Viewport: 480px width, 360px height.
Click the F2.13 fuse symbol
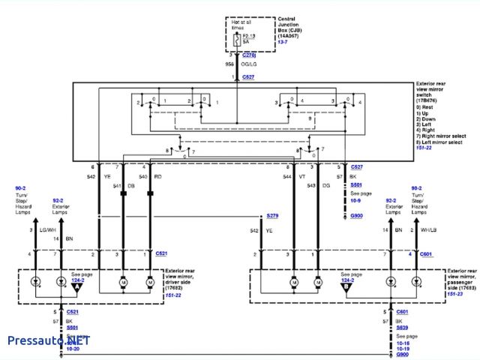tap(238, 38)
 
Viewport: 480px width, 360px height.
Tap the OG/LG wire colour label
tap(249, 66)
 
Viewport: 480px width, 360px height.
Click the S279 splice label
tap(273, 216)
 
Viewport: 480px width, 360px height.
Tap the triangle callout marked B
tap(346, 286)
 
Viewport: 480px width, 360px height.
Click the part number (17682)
tap(175, 288)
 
